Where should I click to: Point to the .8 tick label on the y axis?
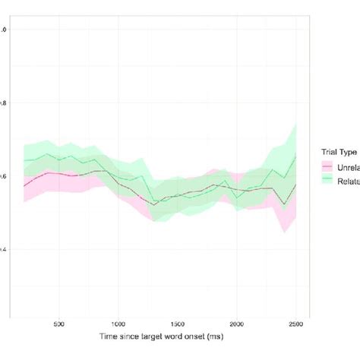(x=4, y=103)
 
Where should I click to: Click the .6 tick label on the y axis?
(x=4, y=176)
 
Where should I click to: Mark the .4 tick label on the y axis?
(x=4, y=249)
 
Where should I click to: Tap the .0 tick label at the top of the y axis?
(x=4, y=30)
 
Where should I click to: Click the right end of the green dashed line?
(x=296, y=154)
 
